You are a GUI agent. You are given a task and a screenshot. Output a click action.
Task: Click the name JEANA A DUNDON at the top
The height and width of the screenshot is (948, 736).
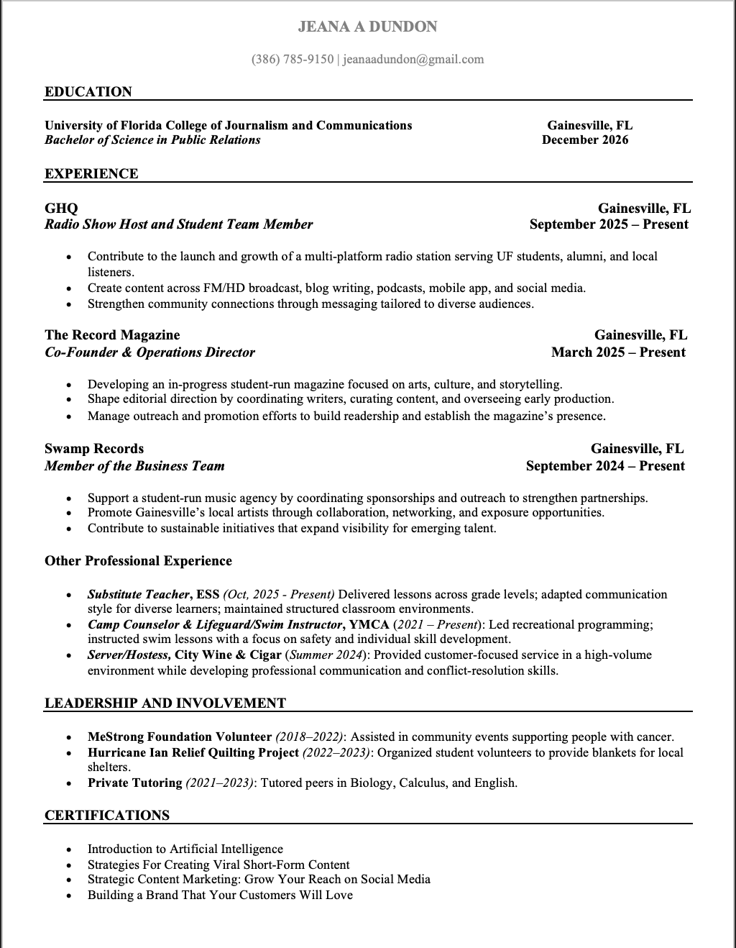[x=367, y=27]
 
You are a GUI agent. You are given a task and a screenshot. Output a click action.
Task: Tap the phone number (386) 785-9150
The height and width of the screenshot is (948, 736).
[x=293, y=59]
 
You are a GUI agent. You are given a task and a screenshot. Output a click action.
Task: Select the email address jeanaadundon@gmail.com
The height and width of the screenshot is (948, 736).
[x=413, y=59]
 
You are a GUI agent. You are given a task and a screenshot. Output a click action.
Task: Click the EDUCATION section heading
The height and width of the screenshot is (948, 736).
[x=88, y=92]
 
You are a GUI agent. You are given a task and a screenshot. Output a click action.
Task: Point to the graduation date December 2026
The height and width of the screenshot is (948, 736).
[x=585, y=140]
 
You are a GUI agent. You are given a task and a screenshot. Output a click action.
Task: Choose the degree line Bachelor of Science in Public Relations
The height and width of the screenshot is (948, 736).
[x=152, y=140]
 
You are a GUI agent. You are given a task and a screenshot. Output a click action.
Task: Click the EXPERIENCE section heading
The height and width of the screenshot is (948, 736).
[x=91, y=174]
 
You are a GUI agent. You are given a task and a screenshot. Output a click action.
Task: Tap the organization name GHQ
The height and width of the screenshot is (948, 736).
[x=61, y=209]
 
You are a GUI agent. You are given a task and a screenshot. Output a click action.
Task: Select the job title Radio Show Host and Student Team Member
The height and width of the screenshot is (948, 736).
[x=178, y=224]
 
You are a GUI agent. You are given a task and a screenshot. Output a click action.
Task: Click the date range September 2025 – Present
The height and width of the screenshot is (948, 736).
[x=609, y=224]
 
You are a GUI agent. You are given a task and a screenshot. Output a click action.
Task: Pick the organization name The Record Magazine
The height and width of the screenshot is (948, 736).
[x=112, y=335]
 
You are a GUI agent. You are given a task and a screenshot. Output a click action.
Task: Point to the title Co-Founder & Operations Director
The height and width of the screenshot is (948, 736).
[x=149, y=352]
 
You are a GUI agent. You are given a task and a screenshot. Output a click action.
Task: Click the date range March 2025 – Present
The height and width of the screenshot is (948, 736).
[x=618, y=352]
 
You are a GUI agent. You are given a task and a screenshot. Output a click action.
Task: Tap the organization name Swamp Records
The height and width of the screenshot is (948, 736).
[x=94, y=449]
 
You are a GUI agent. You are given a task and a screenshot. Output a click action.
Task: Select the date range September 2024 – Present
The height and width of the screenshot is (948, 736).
[x=605, y=466]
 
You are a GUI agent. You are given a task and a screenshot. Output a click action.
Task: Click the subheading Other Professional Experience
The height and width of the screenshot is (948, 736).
[x=138, y=561]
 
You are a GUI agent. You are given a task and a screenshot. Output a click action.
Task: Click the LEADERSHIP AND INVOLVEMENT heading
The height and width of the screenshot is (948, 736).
[x=165, y=703]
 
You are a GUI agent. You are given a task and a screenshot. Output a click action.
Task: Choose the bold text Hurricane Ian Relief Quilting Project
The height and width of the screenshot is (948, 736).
[x=193, y=752]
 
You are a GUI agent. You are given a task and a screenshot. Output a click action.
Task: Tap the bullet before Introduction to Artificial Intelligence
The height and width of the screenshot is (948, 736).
[x=69, y=849]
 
